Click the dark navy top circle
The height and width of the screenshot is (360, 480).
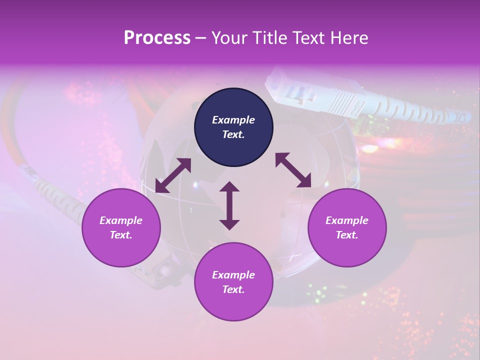tap(233, 127)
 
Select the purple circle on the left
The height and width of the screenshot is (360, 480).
tap(121, 227)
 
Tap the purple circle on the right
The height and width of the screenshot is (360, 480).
tap(347, 227)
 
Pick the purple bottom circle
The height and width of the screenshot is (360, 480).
tap(233, 282)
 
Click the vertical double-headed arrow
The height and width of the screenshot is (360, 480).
tap(229, 205)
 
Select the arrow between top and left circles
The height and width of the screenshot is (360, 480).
tap(173, 175)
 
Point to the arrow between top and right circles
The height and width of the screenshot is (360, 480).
tap(293, 170)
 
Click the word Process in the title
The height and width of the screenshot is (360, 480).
tap(157, 37)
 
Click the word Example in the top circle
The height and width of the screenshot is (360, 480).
tap(233, 120)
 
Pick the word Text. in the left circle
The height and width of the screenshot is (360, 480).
tap(121, 235)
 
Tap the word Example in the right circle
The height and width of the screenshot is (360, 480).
tap(347, 220)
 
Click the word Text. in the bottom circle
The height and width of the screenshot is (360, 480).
tap(233, 289)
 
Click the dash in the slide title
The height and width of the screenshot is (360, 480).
tap(201, 38)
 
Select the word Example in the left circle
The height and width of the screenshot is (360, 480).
tap(121, 220)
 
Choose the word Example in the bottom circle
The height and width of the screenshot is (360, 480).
tap(233, 275)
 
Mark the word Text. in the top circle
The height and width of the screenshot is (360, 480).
tap(233, 134)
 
